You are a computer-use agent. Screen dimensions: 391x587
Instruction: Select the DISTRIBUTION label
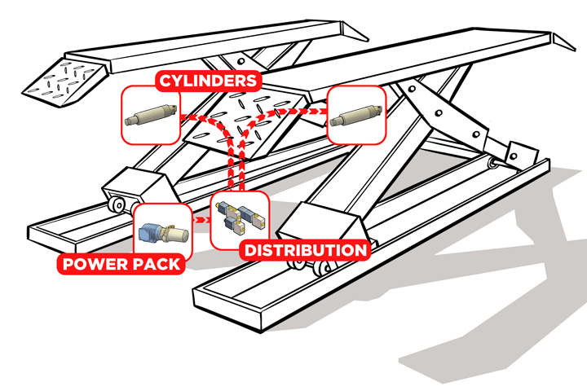tap(305, 250)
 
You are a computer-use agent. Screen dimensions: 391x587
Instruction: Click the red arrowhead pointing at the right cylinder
tap(320, 107)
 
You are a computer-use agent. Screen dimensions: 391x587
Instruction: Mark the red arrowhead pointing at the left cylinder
tap(185, 116)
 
